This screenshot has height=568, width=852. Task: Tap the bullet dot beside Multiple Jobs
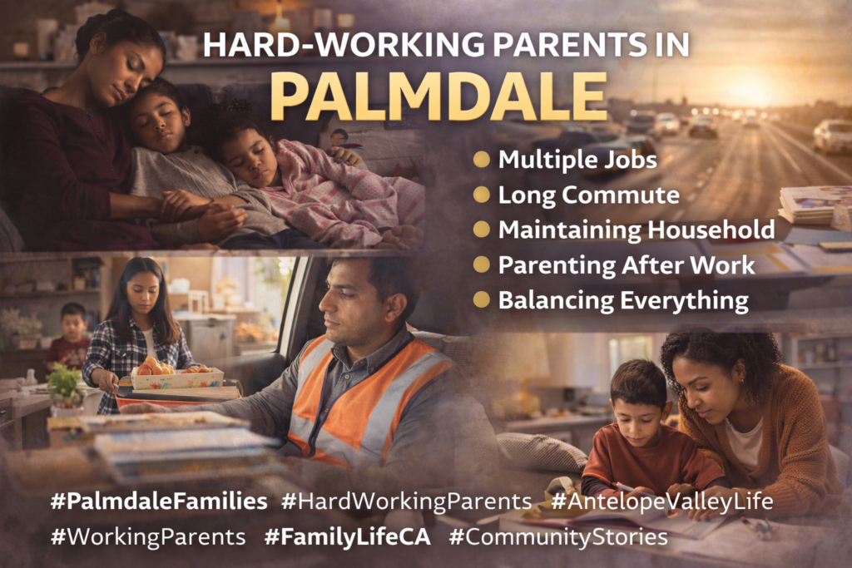[481, 159]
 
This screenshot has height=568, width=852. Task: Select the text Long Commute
[588, 195]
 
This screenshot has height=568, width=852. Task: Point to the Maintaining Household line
[637, 230]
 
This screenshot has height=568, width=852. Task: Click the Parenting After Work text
[626, 264]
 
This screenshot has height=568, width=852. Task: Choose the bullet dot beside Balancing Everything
[481, 299]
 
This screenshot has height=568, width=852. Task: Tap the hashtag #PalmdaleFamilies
[158, 501]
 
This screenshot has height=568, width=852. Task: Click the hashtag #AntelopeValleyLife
[661, 501]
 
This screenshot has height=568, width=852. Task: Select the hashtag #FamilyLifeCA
[347, 536]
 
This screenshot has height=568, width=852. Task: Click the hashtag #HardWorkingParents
[406, 501]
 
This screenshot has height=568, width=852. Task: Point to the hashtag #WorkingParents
[147, 536]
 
